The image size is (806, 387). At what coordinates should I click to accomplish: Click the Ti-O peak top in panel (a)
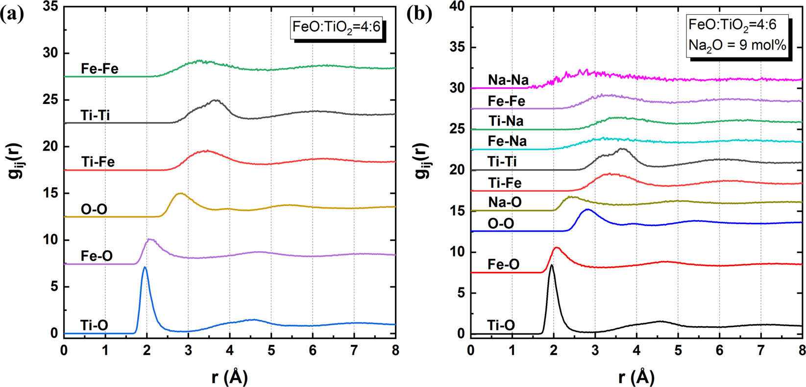tap(145, 268)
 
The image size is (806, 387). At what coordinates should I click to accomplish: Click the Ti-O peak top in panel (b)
tap(552, 265)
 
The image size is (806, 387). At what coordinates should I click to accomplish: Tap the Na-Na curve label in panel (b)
tap(508, 80)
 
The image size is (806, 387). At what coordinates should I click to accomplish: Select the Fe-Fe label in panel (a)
tap(99, 69)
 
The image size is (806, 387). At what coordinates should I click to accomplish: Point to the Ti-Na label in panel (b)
tap(506, 121)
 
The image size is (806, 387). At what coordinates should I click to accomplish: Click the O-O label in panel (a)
tap(94, 209)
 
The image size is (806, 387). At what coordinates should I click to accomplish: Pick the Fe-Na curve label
tap(507, 141)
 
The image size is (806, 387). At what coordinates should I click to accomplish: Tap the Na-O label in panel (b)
tap(505, 202)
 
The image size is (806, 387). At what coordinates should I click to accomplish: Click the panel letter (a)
tap(12, 14)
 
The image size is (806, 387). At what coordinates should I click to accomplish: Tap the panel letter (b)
tap(419, 14)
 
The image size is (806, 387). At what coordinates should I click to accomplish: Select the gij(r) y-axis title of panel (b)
tap(422, 162)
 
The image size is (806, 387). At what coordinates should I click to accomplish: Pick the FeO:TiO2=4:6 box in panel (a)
tap(336, 26)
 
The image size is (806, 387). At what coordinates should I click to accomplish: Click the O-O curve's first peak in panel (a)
tap(180, 194)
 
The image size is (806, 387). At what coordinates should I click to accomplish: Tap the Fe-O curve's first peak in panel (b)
tap(556, 248)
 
